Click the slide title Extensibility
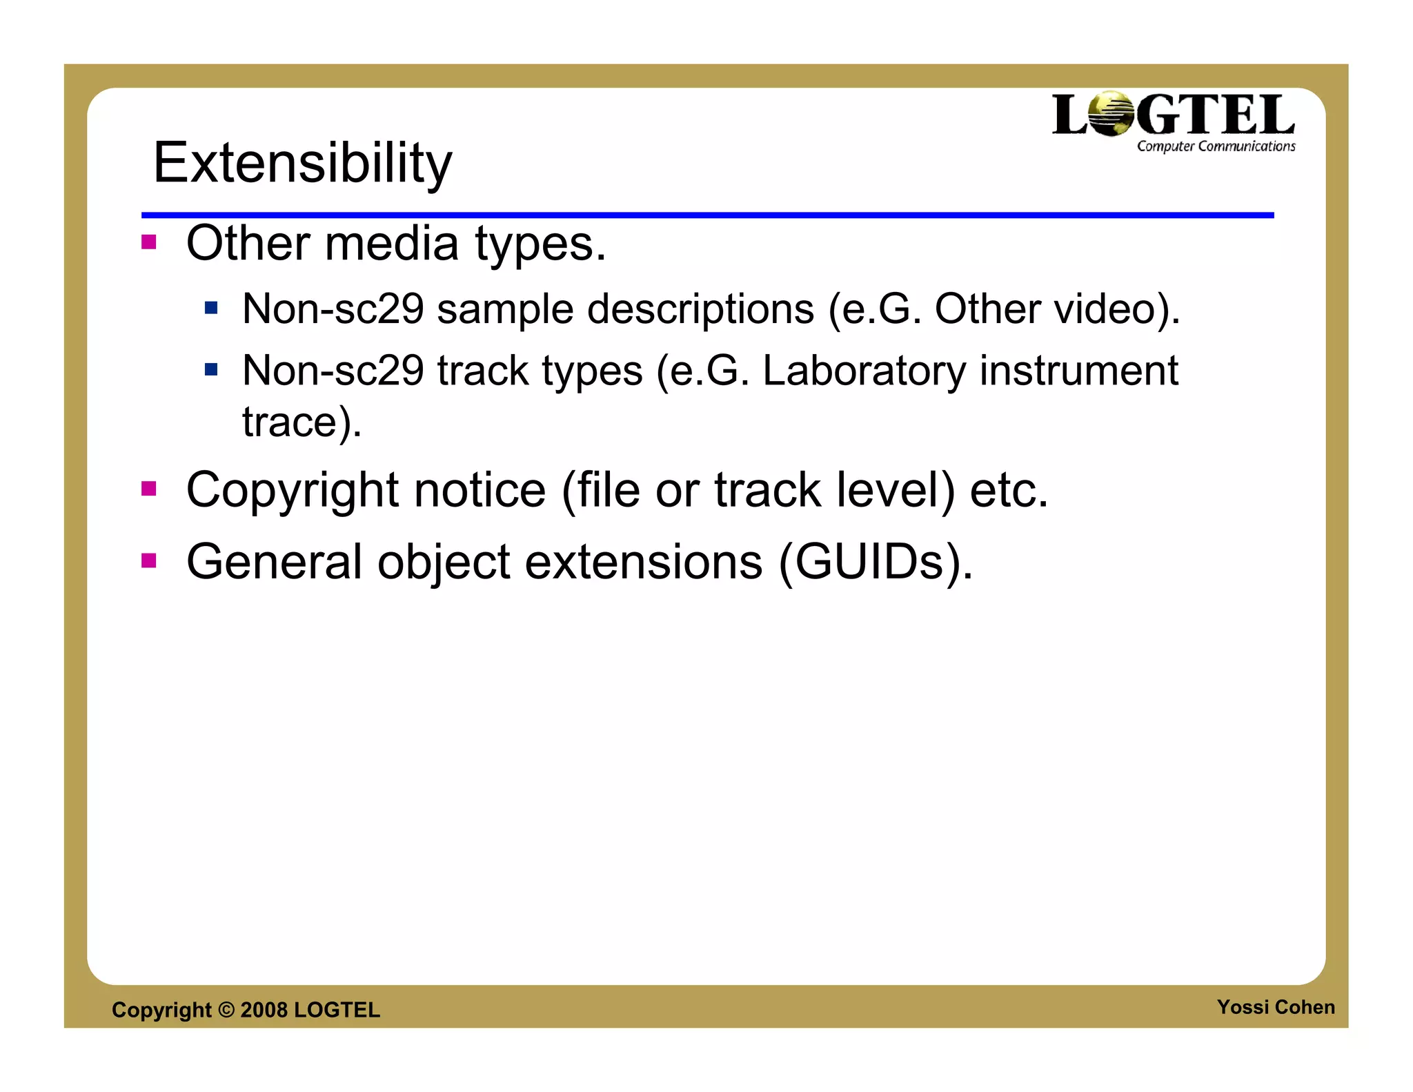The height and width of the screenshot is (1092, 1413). coord(302,163)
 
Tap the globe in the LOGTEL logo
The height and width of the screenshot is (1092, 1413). coord(1111,114)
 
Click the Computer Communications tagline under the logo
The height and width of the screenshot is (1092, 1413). coord(1216,146)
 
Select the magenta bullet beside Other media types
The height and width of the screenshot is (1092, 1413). coord(148,242)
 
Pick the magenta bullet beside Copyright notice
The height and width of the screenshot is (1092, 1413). coord(148,489)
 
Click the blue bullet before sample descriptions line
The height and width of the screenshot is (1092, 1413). coord(211,307)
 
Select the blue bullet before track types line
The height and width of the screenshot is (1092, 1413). coord(211,370)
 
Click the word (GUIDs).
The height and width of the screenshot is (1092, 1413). coord(876,562)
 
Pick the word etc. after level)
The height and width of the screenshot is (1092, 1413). coord(1009,490)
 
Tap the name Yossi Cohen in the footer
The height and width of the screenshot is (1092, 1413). coord(1275,1007)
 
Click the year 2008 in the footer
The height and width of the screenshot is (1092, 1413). coord(264,1010)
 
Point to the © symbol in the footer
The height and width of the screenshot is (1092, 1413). coord(226,1010)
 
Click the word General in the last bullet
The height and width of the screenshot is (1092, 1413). coord(274,562)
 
